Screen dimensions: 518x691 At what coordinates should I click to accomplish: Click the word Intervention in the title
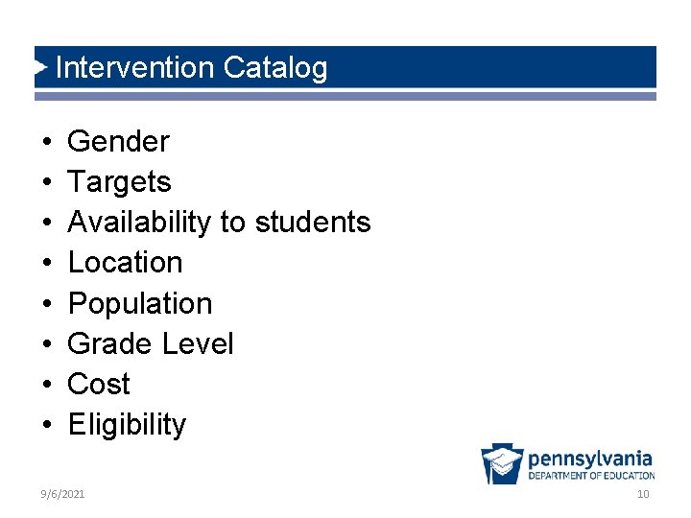135,68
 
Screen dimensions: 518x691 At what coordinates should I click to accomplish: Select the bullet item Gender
118,142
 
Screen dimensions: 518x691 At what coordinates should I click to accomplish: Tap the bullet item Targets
119,182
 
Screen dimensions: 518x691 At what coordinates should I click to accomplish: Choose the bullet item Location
125,263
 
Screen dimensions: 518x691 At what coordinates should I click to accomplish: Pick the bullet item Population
140,304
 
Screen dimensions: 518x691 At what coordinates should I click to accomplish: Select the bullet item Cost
99,385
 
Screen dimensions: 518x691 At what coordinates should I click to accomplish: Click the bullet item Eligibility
127,425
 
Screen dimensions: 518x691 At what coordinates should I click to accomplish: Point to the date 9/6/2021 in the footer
62,494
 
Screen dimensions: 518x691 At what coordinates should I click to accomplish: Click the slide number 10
643,494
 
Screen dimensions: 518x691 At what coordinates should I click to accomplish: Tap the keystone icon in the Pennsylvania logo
502,464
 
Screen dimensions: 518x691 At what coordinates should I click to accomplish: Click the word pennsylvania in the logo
590,459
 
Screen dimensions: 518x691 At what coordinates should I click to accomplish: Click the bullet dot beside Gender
47,143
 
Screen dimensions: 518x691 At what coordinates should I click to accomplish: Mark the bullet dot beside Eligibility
47,426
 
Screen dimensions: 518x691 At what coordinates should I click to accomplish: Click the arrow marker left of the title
40,67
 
